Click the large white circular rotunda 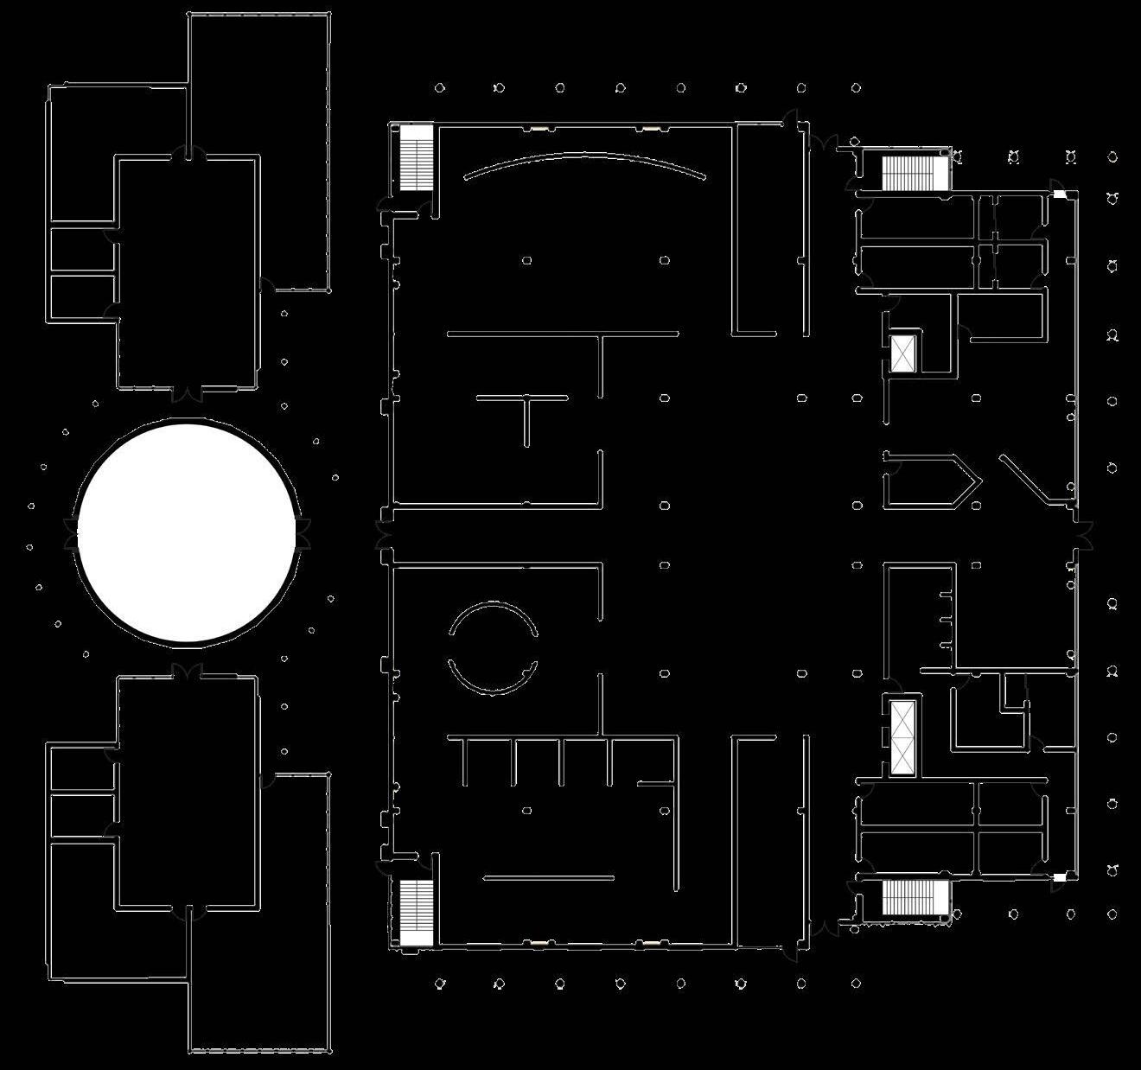[x=187, y=532]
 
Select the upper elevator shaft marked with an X [x=902, y=353]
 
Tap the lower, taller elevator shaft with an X [x=902, y=736]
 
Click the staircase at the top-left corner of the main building [x=416, y=157]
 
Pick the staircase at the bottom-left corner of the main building [x=416, y=912]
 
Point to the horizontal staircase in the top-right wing [x=915, y=172]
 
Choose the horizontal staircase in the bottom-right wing [x=915, y=897]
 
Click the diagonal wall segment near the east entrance [x=1024, y=477]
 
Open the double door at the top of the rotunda [x=187, y=394]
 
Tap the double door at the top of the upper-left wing [x=187, y=154]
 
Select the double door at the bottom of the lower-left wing [x=187, y=911]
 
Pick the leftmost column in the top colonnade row [x=439, y=87]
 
